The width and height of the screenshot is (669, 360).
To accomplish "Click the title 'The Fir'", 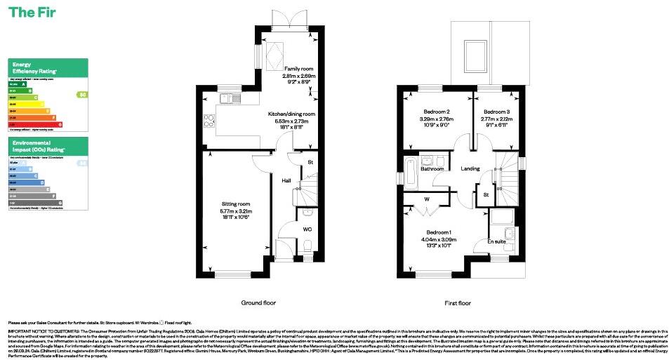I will tap(32, 13).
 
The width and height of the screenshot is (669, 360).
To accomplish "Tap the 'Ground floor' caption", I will tap(258, 303).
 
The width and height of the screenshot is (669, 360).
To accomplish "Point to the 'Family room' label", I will tap(299, 69).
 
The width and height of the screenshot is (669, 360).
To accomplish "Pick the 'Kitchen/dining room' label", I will tap(291, 114).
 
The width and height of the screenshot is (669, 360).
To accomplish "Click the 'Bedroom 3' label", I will tap(496, 112).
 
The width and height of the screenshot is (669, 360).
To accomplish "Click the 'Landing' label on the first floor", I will tap(470, 168).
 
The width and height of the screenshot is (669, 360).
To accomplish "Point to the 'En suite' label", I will tap(497, 242).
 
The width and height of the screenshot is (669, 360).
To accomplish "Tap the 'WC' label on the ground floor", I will tap(307, 228).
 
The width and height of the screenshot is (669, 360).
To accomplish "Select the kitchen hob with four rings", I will tap(208, 121).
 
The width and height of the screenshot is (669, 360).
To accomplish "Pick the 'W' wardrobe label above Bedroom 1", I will tap(427, 199).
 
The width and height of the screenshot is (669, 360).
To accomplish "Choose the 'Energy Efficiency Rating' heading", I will tap(32, 69).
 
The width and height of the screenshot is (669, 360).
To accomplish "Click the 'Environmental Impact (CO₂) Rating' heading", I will tap(39, 147).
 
